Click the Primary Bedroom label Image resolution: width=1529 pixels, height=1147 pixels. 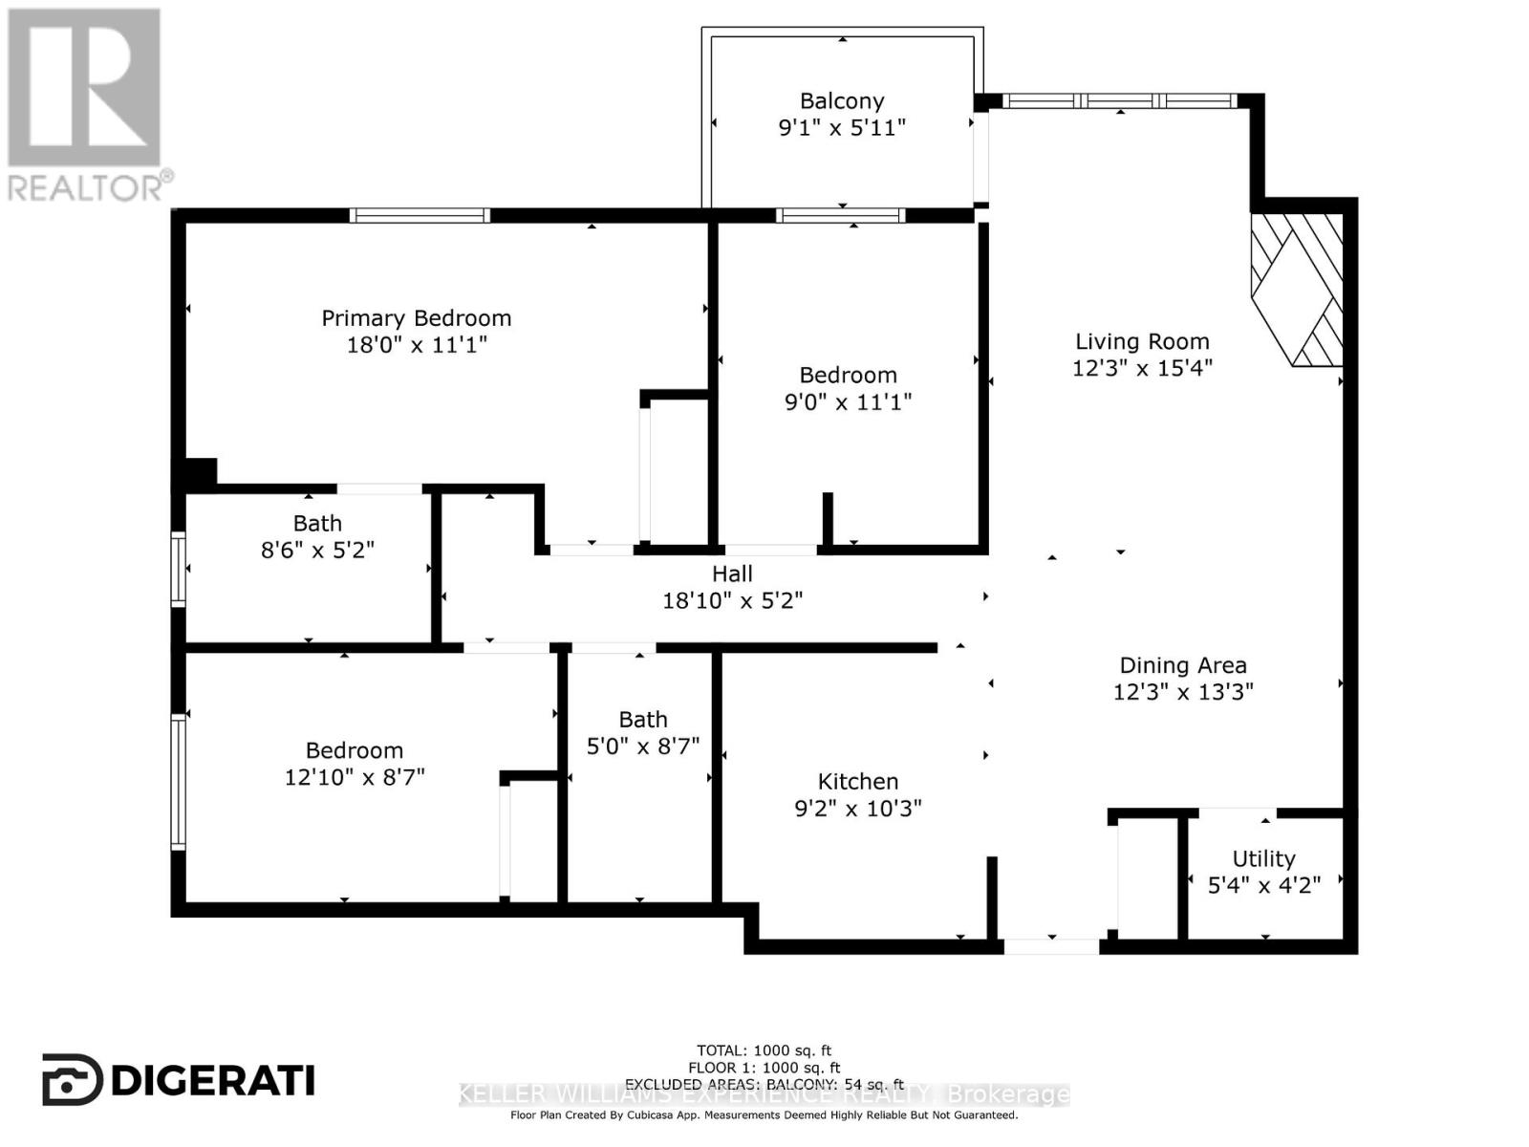pyautogui.click(x=416, y=318)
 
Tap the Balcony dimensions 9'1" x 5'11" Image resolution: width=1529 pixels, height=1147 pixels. pyautogui.click(x=842, y=128)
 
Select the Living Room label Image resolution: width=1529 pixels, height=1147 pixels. pyautogui.click(x=1142, y=341)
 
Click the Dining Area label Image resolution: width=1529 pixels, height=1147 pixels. pyautogui.click(x=1183, y=665)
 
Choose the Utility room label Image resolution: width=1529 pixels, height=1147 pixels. pyautogui.click(x=1263, y=858)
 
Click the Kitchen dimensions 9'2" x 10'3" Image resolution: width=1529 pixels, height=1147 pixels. pyautogui.click(x=857, y=809)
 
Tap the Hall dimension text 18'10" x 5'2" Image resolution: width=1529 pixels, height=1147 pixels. pyautogui.click(x=732, y=601)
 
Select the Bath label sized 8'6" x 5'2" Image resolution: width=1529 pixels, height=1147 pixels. pyautogui.click(x=317, y=524)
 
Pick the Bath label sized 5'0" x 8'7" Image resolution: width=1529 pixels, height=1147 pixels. pyautogui.click(x=643, y=720)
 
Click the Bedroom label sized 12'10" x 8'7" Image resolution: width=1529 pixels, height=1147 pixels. pyautogui.click(x=355, y=751)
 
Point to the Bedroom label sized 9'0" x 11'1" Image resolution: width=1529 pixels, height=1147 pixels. pyautogui.click(x=848, y=376)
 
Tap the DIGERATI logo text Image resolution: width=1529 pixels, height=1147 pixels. pyautogui.click(x=180, y=1080)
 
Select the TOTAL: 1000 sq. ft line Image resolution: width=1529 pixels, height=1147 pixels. pyautogui.click(x=764, y=1050)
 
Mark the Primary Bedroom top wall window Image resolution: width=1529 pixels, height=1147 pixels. pyautogui.click(x=420, y=216)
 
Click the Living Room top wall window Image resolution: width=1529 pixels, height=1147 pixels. pyautogui.click(x=1119, y=100)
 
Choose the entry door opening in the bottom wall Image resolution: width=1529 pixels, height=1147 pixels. pyautogui.click(x=1051, y=946)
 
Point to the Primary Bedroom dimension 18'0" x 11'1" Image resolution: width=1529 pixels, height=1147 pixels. pyautogui.click(x=416, y=345)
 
